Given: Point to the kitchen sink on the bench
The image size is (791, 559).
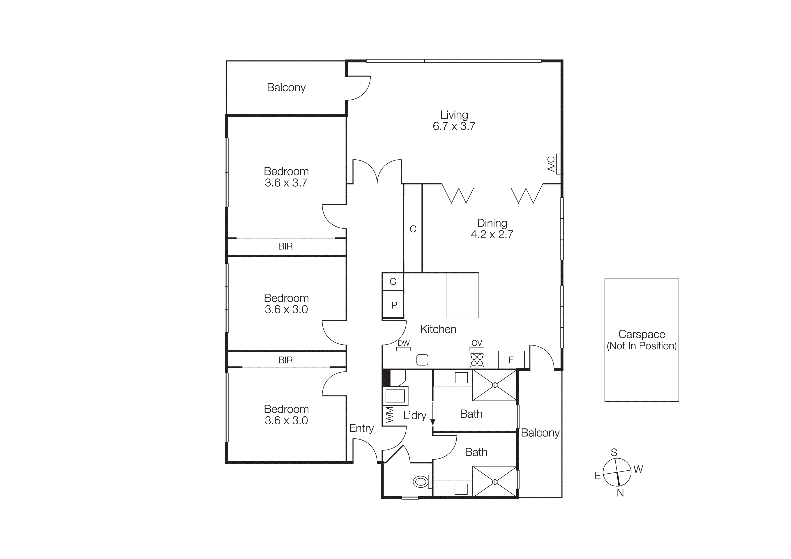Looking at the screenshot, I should (x=422, y=360).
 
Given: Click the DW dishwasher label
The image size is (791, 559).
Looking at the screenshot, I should (x=403, y=343).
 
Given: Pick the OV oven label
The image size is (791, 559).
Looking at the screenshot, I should (x=477, y=343).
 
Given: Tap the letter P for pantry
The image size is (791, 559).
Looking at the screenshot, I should (x=394, y=305).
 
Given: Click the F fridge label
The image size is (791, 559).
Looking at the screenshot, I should (x=511, y=360).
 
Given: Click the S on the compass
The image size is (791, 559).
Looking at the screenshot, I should (x=614, y=453).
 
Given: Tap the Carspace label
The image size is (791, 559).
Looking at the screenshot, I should (x=642, y=334).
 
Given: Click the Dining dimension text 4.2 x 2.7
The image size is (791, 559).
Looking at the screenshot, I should (x=492, y=235).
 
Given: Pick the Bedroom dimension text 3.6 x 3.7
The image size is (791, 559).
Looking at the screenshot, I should (x=286, y=183).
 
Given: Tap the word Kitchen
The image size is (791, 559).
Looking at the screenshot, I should (x=438, y=329).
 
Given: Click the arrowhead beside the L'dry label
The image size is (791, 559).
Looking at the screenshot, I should (x=433, y=422).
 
